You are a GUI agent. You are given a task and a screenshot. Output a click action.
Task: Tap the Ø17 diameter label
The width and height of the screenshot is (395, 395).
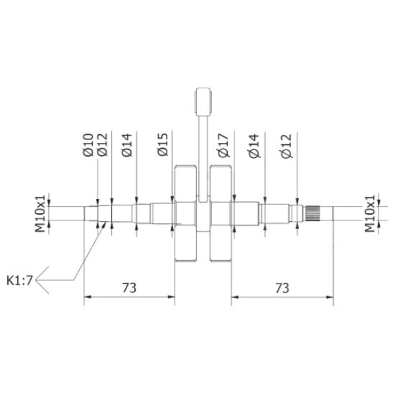pos(224,144)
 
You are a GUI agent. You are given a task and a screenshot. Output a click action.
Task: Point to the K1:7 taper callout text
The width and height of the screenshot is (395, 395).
pos(20,280)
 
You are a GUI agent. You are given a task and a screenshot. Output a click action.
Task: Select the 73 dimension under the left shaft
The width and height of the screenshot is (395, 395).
pos(129,288)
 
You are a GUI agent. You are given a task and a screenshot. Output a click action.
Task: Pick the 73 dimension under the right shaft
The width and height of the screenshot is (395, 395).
pos(281,288)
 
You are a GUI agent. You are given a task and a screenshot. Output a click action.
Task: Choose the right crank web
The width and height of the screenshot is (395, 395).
pos(220,215)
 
